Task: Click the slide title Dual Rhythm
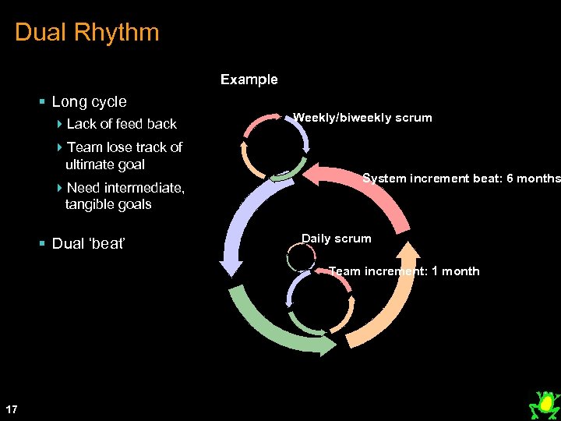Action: tap(86, 33)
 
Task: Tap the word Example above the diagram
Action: tap(249, 80)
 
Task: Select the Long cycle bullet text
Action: tap(89, 102)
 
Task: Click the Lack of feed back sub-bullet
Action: tap(122, 124)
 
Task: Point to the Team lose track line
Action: tap(125, 147)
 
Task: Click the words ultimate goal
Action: tap(105, 165)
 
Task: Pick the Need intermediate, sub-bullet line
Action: tap(125, 187)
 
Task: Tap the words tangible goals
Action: tap(108, 204)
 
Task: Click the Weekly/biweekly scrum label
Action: tap(362, 118)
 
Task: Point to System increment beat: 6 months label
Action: tap(460, 179)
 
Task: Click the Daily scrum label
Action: tap(336, 239)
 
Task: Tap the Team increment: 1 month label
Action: tap(404, 271)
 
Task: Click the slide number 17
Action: tap(12, 409)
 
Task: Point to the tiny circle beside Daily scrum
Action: tap(299, 256)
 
